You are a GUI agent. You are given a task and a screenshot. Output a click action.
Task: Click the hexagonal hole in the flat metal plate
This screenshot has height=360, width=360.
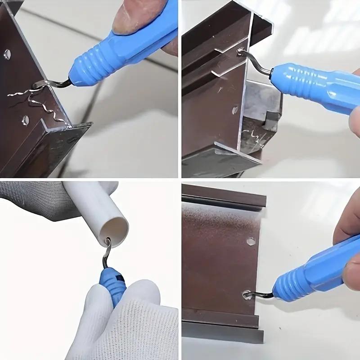[251, 241]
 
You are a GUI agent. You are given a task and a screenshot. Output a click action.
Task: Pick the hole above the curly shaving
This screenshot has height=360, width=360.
[8, 54]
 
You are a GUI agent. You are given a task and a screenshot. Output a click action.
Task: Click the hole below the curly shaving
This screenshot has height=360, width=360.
[25, 120]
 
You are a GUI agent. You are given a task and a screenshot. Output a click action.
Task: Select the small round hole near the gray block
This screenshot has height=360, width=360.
[235, 109]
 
